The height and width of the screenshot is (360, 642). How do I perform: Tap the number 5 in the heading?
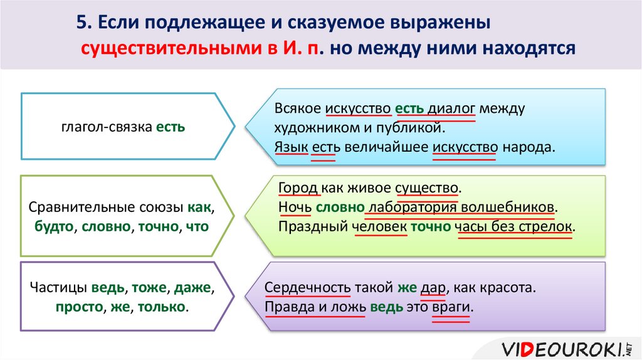pos(81,23)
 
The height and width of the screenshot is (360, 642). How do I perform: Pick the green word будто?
pos(53,226)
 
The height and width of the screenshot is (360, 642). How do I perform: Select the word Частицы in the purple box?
pos(59,289)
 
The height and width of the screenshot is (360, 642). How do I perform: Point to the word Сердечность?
pos(307,289)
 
